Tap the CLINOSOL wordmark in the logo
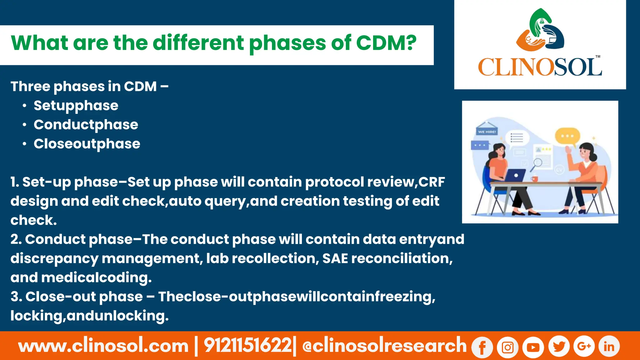coord(540,67)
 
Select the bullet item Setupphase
coord(76,106)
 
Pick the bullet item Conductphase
coord(86,125)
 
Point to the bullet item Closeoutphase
coord(87,144)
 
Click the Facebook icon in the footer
coord(482,347)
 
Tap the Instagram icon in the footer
coord(508,347)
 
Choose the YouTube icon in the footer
coord(533,347)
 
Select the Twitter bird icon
coord(559,346)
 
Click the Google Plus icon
coord(584,346)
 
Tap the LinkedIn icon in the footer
coord(609,346)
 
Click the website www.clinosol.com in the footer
coord(103,346)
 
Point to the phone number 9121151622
coord(247,346)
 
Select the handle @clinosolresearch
coord(384,346)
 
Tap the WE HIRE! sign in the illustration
coord(487,132)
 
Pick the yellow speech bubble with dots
coord(567,136)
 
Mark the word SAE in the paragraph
coord(335,258)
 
